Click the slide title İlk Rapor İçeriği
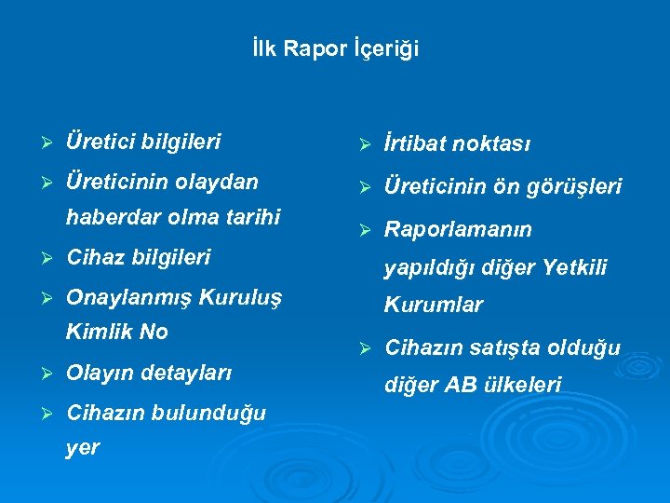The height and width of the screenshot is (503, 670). click(335, 48)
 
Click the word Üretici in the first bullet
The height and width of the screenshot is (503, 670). click(100, 142)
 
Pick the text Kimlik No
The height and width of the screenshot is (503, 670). click(117, 332)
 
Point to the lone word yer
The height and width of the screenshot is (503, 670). click(83, 448)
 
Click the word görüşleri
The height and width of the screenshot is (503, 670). click(577, 186)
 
